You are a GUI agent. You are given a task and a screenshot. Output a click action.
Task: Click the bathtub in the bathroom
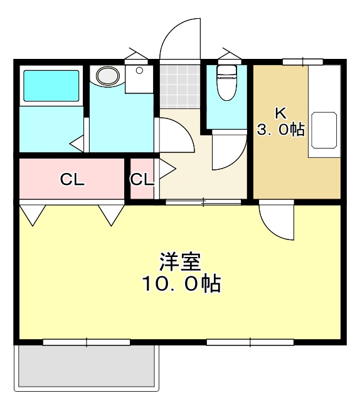[51, 86]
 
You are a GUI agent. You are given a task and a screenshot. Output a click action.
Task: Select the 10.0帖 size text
[180, 285]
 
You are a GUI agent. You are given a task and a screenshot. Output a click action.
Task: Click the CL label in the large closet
[72, 180]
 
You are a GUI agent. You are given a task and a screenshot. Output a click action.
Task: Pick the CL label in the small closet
[142, 180]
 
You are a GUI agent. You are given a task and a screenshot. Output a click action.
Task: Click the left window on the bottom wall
[87, 342]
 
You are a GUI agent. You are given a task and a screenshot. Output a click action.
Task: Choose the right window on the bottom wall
[250, 342]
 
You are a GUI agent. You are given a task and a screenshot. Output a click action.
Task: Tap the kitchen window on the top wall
[302, 61]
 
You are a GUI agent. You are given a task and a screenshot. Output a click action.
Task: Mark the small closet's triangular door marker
[166, 168]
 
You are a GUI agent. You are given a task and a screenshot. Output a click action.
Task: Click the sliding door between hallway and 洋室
[203, 202]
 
